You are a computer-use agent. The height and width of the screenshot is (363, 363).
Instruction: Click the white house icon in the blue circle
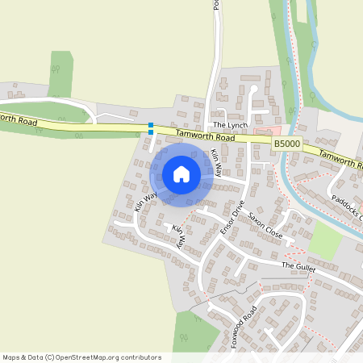[181, 174]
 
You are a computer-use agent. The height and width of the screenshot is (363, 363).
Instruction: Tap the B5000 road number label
[286, 143]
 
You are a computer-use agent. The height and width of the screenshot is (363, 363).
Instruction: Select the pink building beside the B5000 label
[264, 131]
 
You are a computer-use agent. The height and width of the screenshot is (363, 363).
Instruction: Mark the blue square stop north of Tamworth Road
[151, 124]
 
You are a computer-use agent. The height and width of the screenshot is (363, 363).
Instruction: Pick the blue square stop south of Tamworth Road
[151, 132]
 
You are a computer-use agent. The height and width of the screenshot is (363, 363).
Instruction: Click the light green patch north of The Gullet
[326, 240]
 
